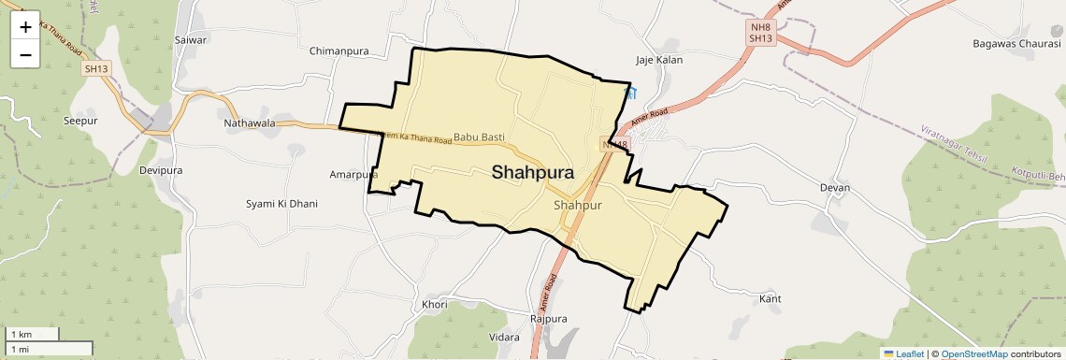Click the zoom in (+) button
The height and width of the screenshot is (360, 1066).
click(25, 27)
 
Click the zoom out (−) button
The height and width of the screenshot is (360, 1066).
click(25, 55)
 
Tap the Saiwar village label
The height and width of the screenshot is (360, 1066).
click(190, 40)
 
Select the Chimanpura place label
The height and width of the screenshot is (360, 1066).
click(339, 50)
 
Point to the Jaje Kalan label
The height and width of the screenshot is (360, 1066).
click(659, 60)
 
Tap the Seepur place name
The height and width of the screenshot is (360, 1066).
click(80, 121)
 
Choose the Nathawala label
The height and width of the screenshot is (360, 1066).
click(250, 122)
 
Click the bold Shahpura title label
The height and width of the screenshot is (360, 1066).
click(533, 172)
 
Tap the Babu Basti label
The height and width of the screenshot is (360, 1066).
click(480, 137)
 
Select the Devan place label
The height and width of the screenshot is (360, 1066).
click(834, 188)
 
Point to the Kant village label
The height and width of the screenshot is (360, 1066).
click(771, 298)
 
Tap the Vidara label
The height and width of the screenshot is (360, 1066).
click(504, 337)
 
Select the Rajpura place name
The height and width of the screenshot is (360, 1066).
click(549, 319)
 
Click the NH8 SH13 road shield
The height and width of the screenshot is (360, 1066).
click(760, 33)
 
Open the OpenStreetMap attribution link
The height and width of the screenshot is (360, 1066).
click(973, 353)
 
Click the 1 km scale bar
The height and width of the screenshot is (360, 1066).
click(33, 334)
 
